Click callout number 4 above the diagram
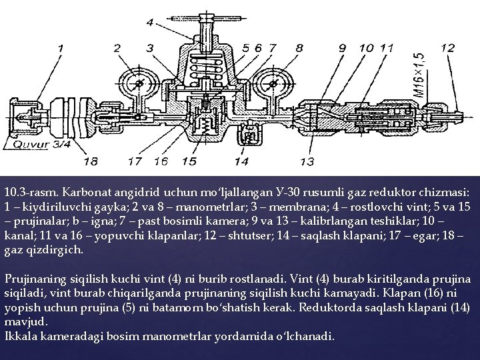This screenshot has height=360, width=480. pyautogui.click(x=150, y=23)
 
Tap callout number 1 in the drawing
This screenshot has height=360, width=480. pyautogui.click(x=61, y=48)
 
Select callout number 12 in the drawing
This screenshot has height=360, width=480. pyautogui.click(x=448, y=47)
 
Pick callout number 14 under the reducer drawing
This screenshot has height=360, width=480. pyautogui.click(x=241, y=161)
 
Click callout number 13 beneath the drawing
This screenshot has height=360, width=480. pyautogui.click(x=307, y=161)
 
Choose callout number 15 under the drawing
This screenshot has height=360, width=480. pyautogui.click(x=189, y=161)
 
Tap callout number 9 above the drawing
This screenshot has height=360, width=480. pyautogui.click(x=343, y=48)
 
